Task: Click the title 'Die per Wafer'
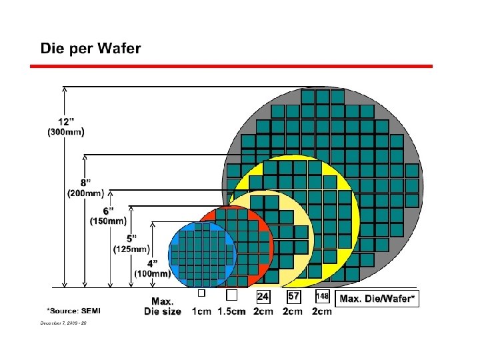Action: pos(91,49)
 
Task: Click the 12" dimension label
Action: pos(66,122)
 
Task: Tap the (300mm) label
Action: pos(65,132)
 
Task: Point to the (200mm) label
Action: pos(86,193)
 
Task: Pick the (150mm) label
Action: pos(107,221)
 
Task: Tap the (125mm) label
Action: pos(131,249)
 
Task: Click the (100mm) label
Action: pos(153,273)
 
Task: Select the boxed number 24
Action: pos(263,295)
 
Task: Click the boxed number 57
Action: pos(293,295)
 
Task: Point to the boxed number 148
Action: pos(322,296)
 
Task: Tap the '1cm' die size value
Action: pos(202,311)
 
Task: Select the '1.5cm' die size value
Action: pos(232,311)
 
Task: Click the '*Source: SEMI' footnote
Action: pos(73,311)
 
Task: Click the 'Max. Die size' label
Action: pos(163,307)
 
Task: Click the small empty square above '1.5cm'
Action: pos(232,295)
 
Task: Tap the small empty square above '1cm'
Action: pos(200,293)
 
